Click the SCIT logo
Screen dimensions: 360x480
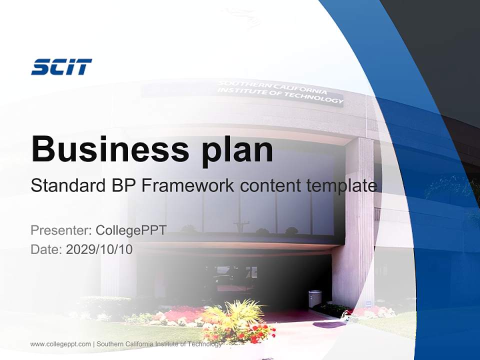click(61, 67)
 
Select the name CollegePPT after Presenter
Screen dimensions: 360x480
click(131, 230)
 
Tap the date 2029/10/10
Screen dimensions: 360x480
click(99, 249)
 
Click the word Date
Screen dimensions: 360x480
click(45, 249)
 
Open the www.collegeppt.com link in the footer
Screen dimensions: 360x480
click(61, 344)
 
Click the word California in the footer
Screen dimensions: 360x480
click(142, 344)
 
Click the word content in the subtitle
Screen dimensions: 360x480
click(268, 186)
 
